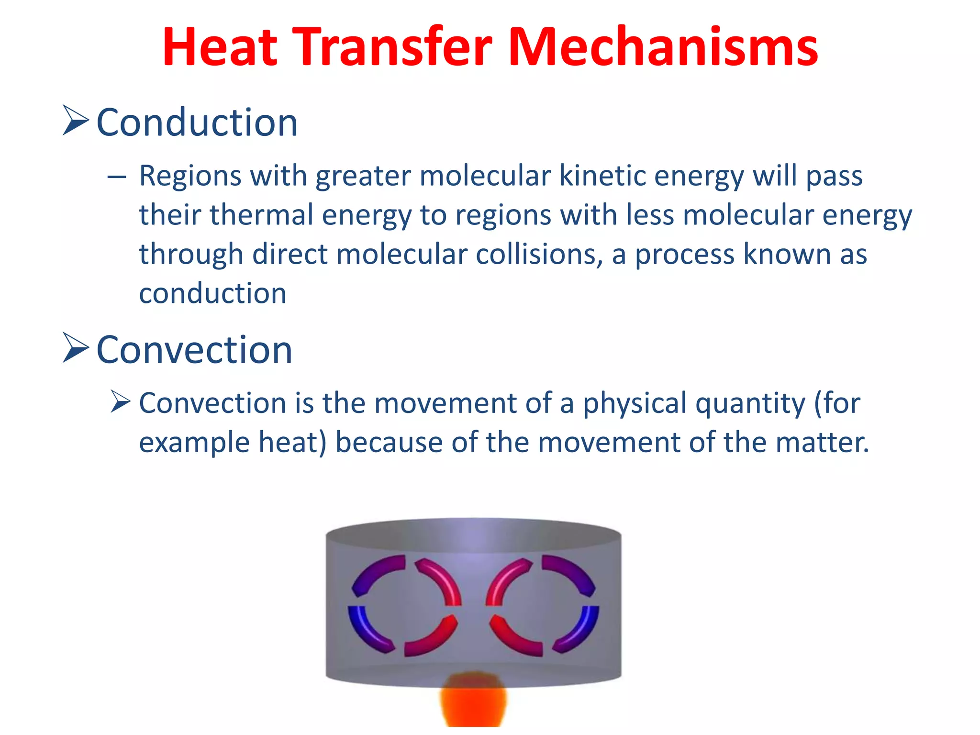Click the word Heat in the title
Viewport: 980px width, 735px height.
pyautogui.click(x=220, y=47)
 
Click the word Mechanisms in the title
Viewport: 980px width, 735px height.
pyautogui.click(x=663, y=47)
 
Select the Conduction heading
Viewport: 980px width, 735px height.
pyautogui.click(x=197, y=122)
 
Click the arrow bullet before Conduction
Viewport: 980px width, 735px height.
pyautogui.click(x=76, y=121)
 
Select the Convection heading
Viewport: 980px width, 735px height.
pyautogui.click(x=194, y=350)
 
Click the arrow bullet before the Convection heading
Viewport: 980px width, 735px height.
pyautogui.click(x=76, y=348)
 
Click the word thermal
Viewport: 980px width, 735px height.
pyautogui.click(x=261, y=215)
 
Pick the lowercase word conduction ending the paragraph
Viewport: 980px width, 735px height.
pyautogui.click(x=212, y=293)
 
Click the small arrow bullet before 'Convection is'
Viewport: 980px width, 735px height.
pyautogui.click(x=120, y=401)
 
